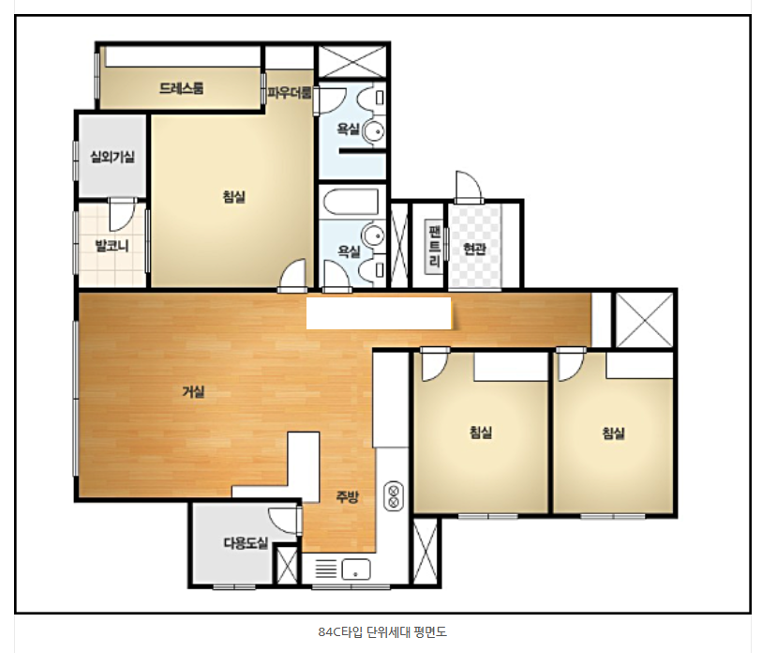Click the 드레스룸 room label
coord(182,88)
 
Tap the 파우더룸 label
coord(290,92)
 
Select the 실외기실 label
coord(112,157)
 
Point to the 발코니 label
coord(112,245)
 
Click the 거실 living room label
coord(193,391)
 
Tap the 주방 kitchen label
coord(348,496)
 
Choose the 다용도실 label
coord(246,542)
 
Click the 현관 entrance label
coord(474,248)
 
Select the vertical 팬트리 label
coord(435,246)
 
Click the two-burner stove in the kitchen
coord(394,496)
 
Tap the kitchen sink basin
coord(356,569)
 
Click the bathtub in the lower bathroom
coord(351,202)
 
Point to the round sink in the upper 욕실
coord(374,131)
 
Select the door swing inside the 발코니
coord(122,215)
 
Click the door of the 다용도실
coord(284,521)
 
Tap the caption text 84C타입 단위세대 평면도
coord(382,631)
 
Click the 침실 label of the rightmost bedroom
coord(614,433)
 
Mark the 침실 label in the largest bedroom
coord(234,196)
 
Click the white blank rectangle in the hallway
coord(379,313)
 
